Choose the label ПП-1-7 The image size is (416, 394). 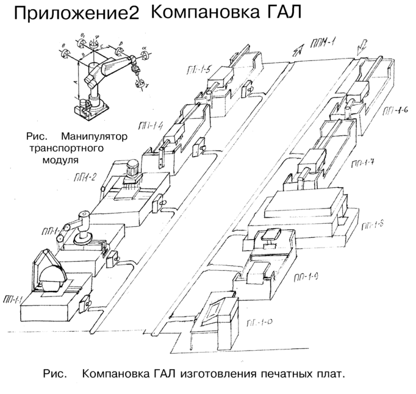click(364, 163)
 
